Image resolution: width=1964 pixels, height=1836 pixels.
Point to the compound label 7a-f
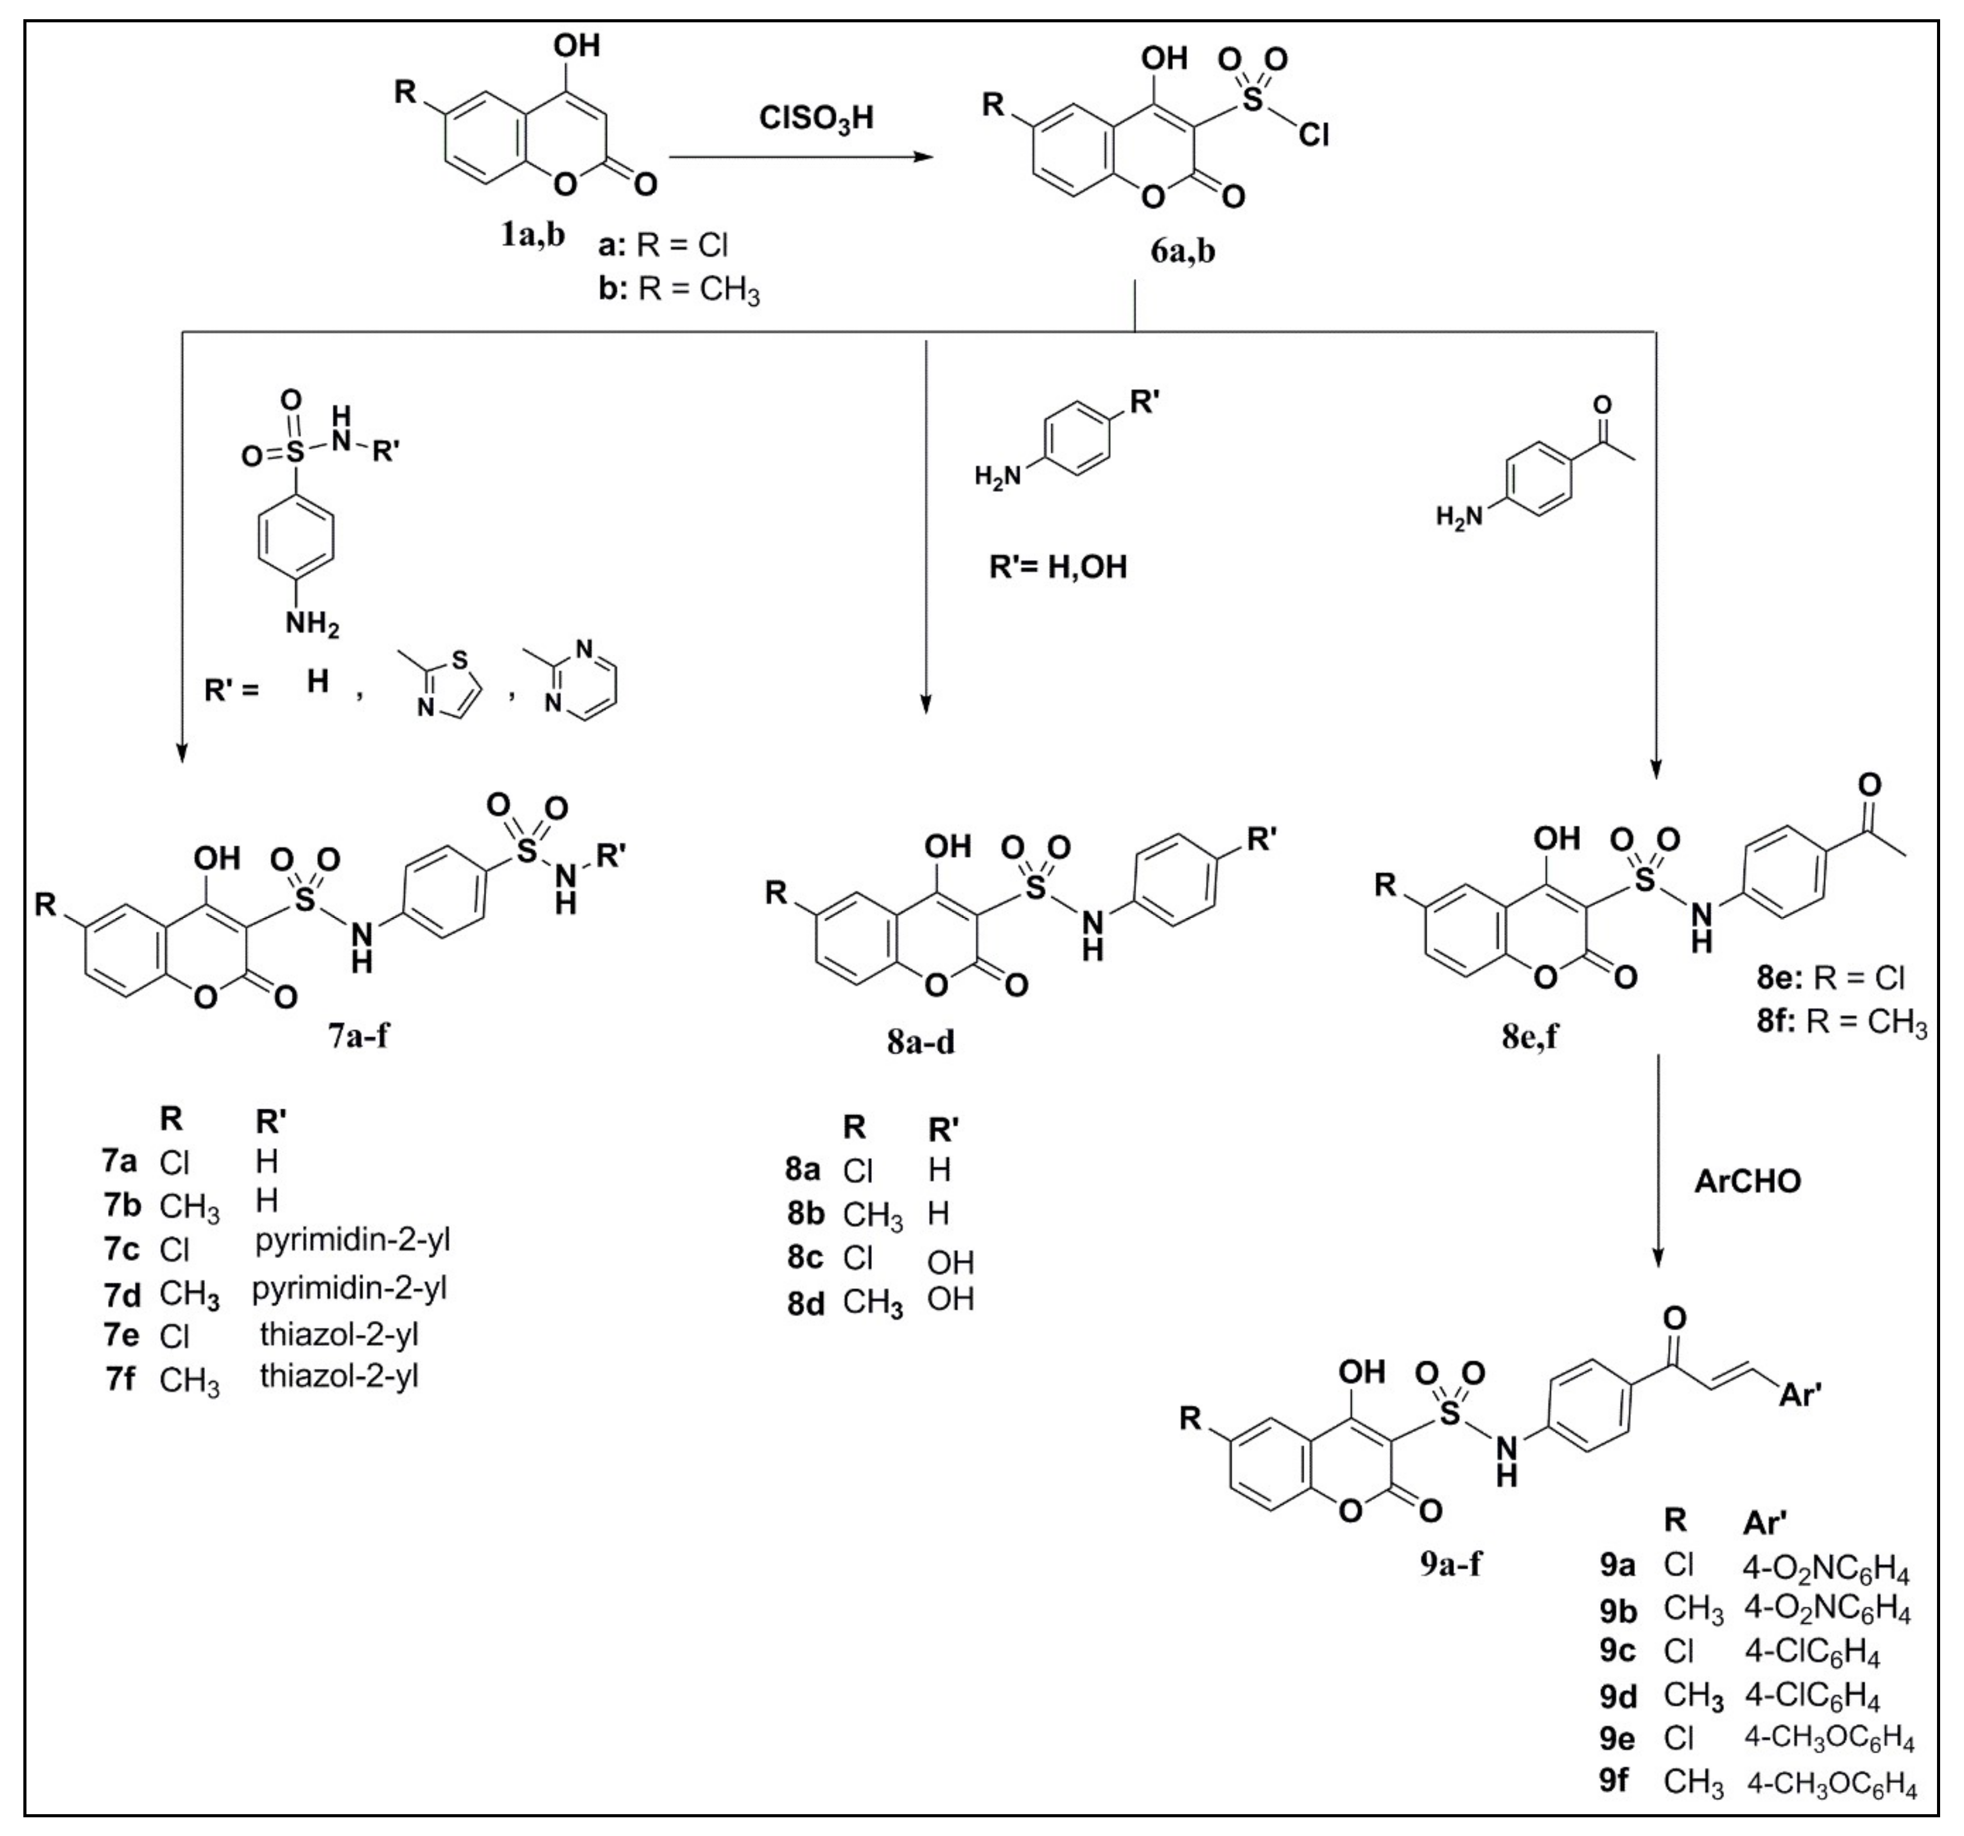tap(359, 1035)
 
